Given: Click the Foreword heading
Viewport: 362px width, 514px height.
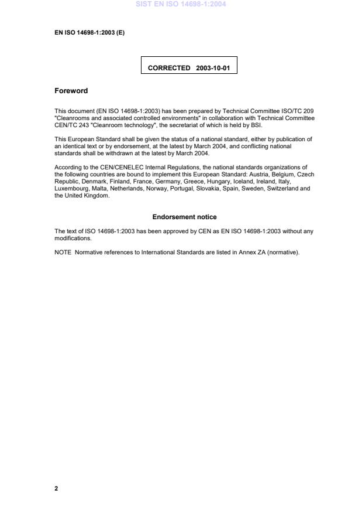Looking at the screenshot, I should click(x=71, y=91).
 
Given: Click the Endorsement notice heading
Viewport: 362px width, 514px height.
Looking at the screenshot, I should click(x=184, y=217).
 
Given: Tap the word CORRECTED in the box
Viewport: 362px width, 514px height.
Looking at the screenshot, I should click(x=168, y=68).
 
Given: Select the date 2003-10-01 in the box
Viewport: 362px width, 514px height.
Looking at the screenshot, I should click(x=213, y=68).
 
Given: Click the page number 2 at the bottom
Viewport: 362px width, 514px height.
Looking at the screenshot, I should click(x=56, y=488).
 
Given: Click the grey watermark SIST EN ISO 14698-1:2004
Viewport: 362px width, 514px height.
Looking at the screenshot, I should click(x=181, y=4).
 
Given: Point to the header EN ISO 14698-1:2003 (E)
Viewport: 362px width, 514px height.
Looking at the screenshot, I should click(x=89, y=32).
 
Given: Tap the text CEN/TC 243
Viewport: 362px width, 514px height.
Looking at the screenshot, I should click(x=70, y=124).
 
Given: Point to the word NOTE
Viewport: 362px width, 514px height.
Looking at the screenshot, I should click(x=63, y=253).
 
